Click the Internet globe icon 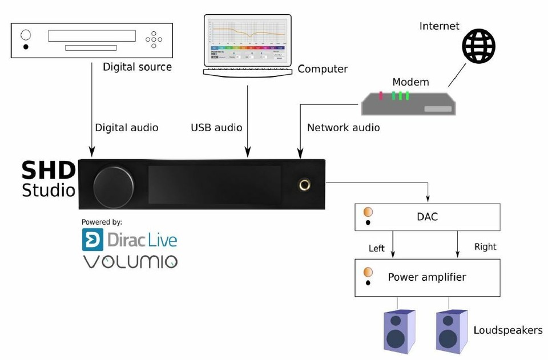pos(478,46)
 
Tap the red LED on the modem pos(381,95)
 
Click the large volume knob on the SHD pos(114,187)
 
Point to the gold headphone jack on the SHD pos(304,184)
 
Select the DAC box pos(427,217)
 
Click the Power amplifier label pos(427,277)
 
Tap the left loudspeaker pos(399,331)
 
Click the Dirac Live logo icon pos(92,240)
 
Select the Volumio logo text pos(131,262)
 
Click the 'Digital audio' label pos(126,128)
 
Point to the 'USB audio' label pos(216,128)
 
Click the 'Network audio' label pos(343,128)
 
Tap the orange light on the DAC pos(368,212)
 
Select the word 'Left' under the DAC pos(377,248)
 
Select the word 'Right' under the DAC pos(485,246)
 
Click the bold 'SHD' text pos(49,170)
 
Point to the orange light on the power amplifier pos(368,272)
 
